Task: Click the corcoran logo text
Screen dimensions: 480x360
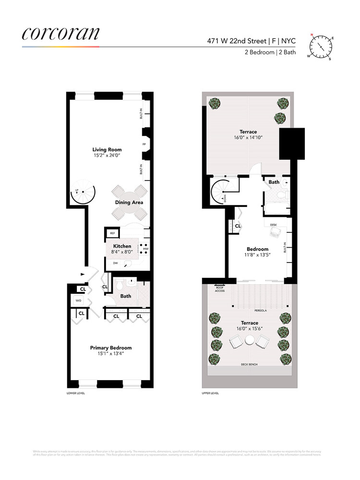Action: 60,33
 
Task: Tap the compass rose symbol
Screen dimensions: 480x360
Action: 320,47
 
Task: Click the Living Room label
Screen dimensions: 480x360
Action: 107,150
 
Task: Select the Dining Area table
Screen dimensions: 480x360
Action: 129,202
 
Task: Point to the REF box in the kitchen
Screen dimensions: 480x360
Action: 112,233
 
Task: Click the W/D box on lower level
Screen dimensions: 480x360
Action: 78,300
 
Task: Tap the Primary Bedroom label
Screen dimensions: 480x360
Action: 111,348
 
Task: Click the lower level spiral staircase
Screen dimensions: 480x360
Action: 82,192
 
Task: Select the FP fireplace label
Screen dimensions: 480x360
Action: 144,144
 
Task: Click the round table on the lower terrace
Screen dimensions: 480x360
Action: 249,342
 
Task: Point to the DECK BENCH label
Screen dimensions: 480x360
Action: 249,365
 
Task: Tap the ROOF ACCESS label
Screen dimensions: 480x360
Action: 220,289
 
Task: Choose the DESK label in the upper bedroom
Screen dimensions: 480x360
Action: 274,224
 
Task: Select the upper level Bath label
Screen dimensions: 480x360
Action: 274,182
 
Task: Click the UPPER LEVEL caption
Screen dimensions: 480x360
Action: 210,393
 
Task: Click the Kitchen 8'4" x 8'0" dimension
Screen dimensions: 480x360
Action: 122,251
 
